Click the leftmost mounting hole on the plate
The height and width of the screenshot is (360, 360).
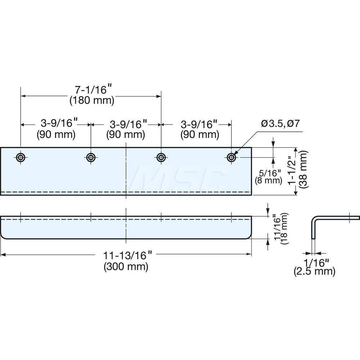[x=21, y=157]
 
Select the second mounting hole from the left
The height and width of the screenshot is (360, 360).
[x=90, y=157]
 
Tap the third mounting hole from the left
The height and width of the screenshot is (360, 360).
[x=161, y=157]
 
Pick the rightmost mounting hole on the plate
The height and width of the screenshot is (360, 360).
[x=231, y=157]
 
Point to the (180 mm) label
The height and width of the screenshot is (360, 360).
[x=91, y=100]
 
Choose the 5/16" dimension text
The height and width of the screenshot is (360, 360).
[x=268, y=173]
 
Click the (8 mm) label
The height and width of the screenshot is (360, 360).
[x=268, y=180]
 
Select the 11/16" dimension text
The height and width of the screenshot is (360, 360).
[x=276, y=229]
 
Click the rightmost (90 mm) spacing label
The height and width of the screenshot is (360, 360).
[x=199, y=135]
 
